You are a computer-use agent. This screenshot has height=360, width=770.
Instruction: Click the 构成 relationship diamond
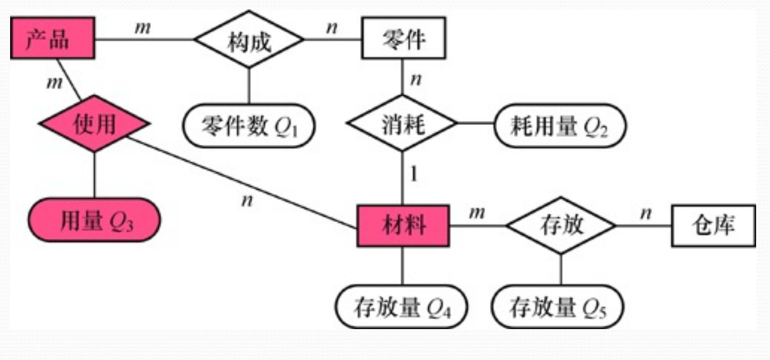(248, 41)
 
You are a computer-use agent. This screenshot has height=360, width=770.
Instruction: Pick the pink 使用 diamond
(94, 124)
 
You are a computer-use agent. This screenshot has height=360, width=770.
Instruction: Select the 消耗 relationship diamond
(403, 124)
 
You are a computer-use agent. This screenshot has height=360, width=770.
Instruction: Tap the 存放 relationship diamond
(561, 225)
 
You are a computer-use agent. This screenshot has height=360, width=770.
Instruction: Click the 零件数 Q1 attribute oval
(249, 124)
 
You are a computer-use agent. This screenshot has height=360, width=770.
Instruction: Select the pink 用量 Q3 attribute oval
(94, 220)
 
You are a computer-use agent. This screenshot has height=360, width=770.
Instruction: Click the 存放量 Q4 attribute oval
(401, 308)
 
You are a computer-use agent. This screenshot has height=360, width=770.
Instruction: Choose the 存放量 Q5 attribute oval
(559, 308)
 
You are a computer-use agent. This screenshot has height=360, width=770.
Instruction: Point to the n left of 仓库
(645, 214)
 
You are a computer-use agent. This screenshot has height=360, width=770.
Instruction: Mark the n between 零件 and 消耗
(416, 80)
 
